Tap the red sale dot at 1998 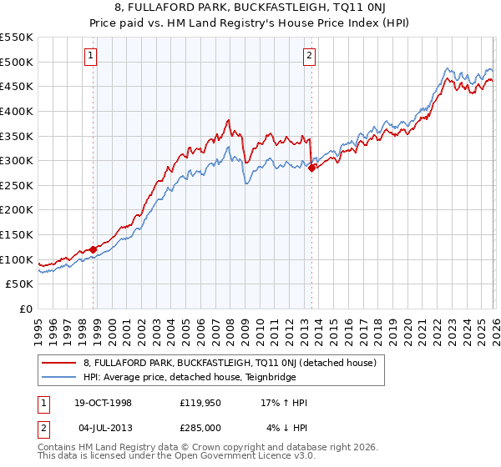(x=94, y=249)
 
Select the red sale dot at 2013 (x=311, y=168)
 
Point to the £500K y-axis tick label (x=17, y=62)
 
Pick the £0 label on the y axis (x=27, y=309)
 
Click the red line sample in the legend (x=59, y=363)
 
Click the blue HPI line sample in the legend (x=59, y=376)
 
